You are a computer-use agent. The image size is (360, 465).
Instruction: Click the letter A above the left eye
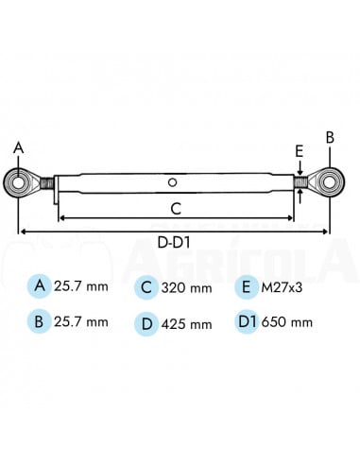[x=17, y=147]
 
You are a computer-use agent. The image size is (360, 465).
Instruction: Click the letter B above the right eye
[x=330, y=137]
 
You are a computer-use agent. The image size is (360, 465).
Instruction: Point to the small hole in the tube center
[x=172, y=181]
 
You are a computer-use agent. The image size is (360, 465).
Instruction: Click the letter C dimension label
[x=177, y=209]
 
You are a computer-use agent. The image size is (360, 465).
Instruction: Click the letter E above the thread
[x=300, y=152]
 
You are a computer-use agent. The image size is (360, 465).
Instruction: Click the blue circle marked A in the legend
[x=39, y=284]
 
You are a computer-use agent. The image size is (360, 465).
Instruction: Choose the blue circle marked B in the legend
[x=39, y=321]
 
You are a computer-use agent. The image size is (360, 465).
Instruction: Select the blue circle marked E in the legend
[x=245, y=284]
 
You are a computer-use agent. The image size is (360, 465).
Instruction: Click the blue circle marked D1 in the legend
[x=245, y=321]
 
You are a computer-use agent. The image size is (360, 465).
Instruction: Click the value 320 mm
[x=185, y=285]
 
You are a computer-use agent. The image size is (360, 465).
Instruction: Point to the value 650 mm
[x=289, y=322]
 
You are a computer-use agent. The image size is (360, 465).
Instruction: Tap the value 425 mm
[x=187, y=323]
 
